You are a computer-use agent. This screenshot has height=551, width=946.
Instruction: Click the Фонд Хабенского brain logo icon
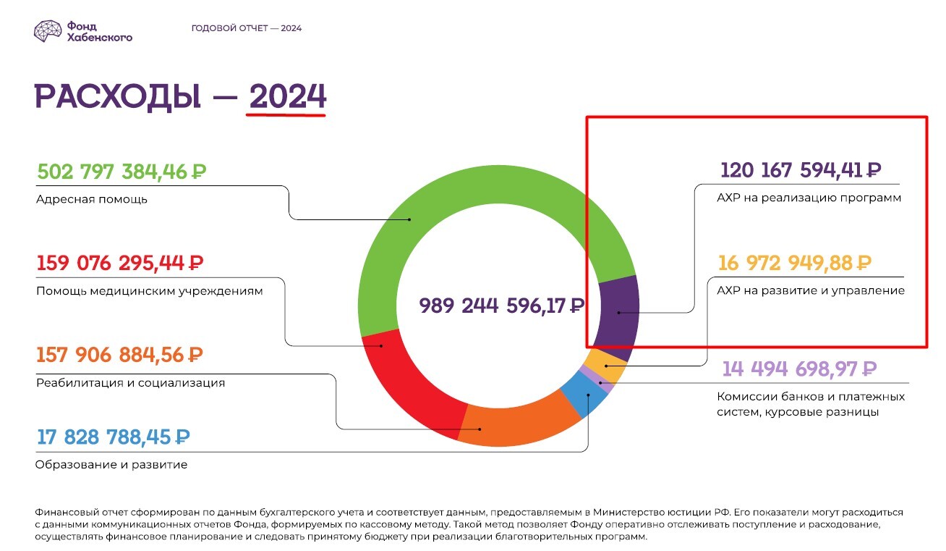coord(48,30)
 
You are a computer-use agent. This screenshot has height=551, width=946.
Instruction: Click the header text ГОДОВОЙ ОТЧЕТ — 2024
coord(246,28)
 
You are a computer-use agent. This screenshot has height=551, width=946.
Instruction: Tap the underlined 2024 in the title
coord(287,96)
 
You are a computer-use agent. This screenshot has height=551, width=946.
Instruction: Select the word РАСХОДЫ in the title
coord(117,96)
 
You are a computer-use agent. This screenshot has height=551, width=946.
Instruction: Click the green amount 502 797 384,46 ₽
coord(121,172)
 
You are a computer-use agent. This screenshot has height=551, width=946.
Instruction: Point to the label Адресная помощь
coord(91,199)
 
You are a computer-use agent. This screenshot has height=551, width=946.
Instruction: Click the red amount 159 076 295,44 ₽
coord(119,263)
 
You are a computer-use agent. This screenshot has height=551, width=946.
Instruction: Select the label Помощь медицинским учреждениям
coord(149,291)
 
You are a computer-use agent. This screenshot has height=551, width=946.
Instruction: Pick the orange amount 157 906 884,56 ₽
coord(119,356)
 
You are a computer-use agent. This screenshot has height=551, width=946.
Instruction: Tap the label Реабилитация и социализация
coord(130,382)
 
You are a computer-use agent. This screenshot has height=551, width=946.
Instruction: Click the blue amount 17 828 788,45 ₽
coord(112,437)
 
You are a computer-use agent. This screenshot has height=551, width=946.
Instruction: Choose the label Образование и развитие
coord(111,465)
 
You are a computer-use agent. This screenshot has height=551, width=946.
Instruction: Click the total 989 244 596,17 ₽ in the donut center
coord(501,306)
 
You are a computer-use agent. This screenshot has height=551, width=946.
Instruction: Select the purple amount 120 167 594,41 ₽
coord(801,171)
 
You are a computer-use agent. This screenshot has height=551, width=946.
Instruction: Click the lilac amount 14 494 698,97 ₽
coord(799,369)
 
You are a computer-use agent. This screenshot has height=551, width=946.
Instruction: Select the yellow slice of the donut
coord(608,366)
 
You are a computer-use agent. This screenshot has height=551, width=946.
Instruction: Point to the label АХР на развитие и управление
coord(810,291)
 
